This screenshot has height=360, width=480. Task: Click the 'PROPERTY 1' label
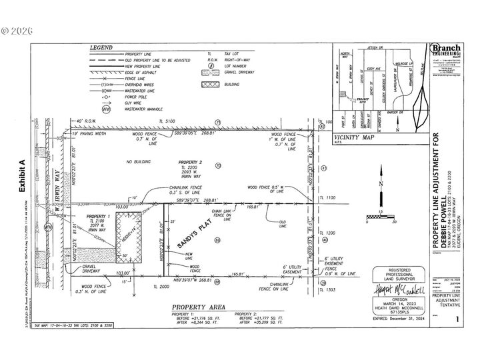click(x=99, y=217)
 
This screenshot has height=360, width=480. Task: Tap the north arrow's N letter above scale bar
click(x=378, y=183)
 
